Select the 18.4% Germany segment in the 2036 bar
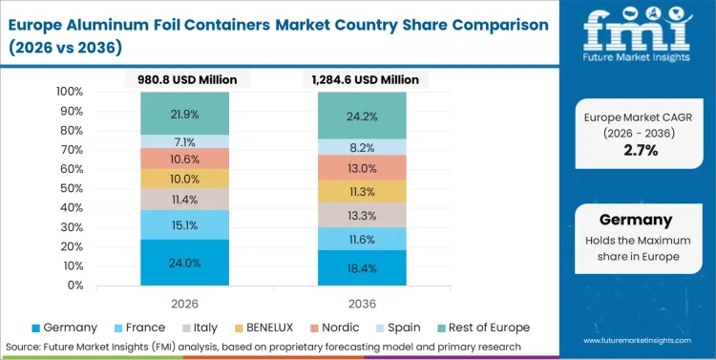click(x=361, y=268)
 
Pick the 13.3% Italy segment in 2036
click(x=361, y=216)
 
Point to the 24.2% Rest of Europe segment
click(x=361, y=116)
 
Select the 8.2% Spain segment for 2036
click(x=361, y=147)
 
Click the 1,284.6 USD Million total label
click(x=361, y=79)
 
